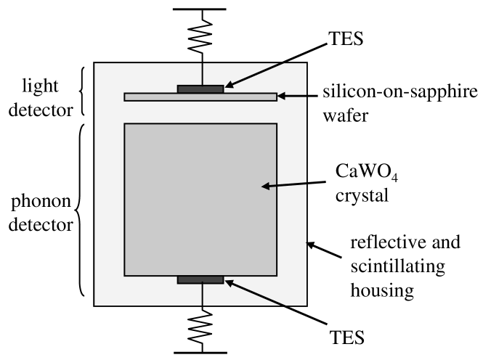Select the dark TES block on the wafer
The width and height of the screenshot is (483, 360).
pos(200,89)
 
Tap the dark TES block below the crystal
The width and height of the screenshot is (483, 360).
pos(200,280)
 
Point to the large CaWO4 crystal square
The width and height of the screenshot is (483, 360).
pos(200,200)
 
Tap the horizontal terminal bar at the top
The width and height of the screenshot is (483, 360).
pos(200,9)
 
